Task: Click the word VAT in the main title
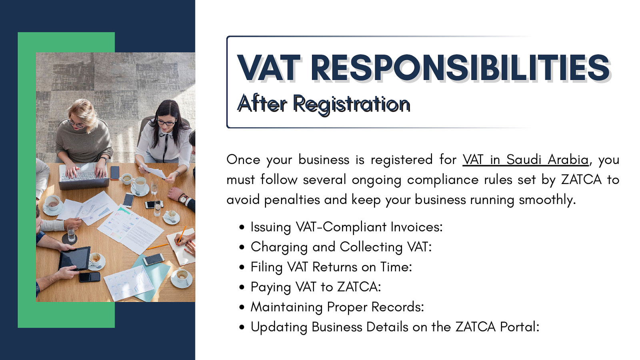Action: point(269,68)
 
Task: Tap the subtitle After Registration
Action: point(324,104)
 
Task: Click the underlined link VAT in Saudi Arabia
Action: point(525,160)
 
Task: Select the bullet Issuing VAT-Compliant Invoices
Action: point(346,227)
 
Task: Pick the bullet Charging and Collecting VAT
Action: point(341,247)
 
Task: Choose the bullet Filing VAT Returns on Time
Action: point(331,267)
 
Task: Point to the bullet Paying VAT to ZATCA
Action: point(316,287)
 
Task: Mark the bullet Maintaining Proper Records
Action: point(337,307)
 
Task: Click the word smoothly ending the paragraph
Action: point(547,200)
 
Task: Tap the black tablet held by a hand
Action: point(75,258)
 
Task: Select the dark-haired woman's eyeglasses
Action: point(166,122)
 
